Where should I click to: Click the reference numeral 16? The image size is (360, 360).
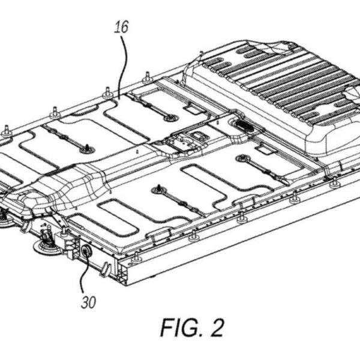coord(121,26)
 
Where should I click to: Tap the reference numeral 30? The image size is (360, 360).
coord(88,302)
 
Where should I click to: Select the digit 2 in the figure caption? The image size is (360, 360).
coord(216,328)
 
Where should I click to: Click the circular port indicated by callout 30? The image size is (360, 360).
coord(86,251)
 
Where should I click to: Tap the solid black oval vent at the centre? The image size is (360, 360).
coord(245,125)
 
